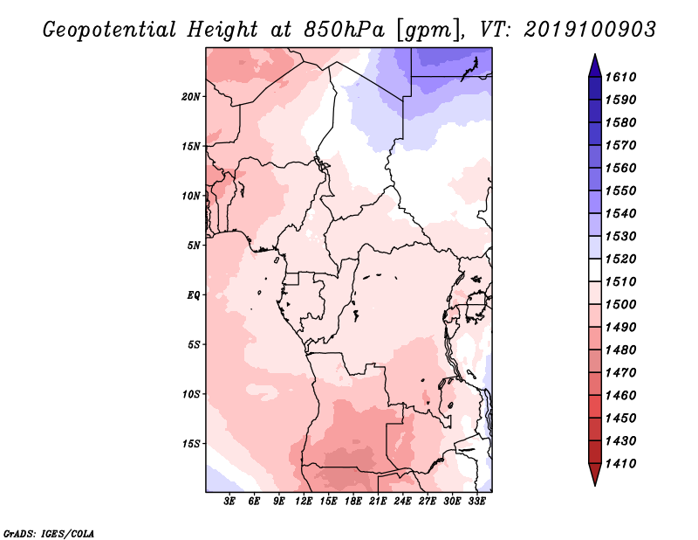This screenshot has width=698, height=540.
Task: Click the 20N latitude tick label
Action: click(191, 97)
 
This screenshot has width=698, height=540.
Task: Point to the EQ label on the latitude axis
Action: click(194, 295)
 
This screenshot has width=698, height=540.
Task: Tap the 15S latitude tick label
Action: click(191, 444)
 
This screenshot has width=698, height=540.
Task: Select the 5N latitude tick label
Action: click(194, 246)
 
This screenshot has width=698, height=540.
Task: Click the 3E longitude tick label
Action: click(229, 502)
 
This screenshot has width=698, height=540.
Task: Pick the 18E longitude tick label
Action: click(353, 502)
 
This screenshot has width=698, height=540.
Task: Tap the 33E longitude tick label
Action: click(476, 502)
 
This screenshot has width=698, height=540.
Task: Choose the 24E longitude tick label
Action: click(402, 502)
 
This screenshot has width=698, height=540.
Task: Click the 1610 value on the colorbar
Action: click(620, 77)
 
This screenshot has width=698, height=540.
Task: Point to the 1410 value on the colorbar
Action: click(620, 463)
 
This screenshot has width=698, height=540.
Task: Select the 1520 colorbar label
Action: click(620, 259)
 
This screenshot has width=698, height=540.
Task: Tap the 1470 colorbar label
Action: click(620, 372)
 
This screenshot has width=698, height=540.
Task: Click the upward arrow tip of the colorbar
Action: click(595, 54)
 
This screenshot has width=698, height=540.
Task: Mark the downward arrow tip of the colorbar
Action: click(595, 485)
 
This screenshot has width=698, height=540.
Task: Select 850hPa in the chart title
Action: click(344, 30)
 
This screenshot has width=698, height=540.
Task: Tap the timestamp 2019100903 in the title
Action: click(590, 30)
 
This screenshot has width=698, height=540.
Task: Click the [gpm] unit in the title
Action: click(428, 31)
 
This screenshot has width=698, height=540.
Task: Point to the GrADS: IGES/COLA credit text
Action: click(49, 533)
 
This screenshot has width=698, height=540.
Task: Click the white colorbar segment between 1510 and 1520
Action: click(595, 270)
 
